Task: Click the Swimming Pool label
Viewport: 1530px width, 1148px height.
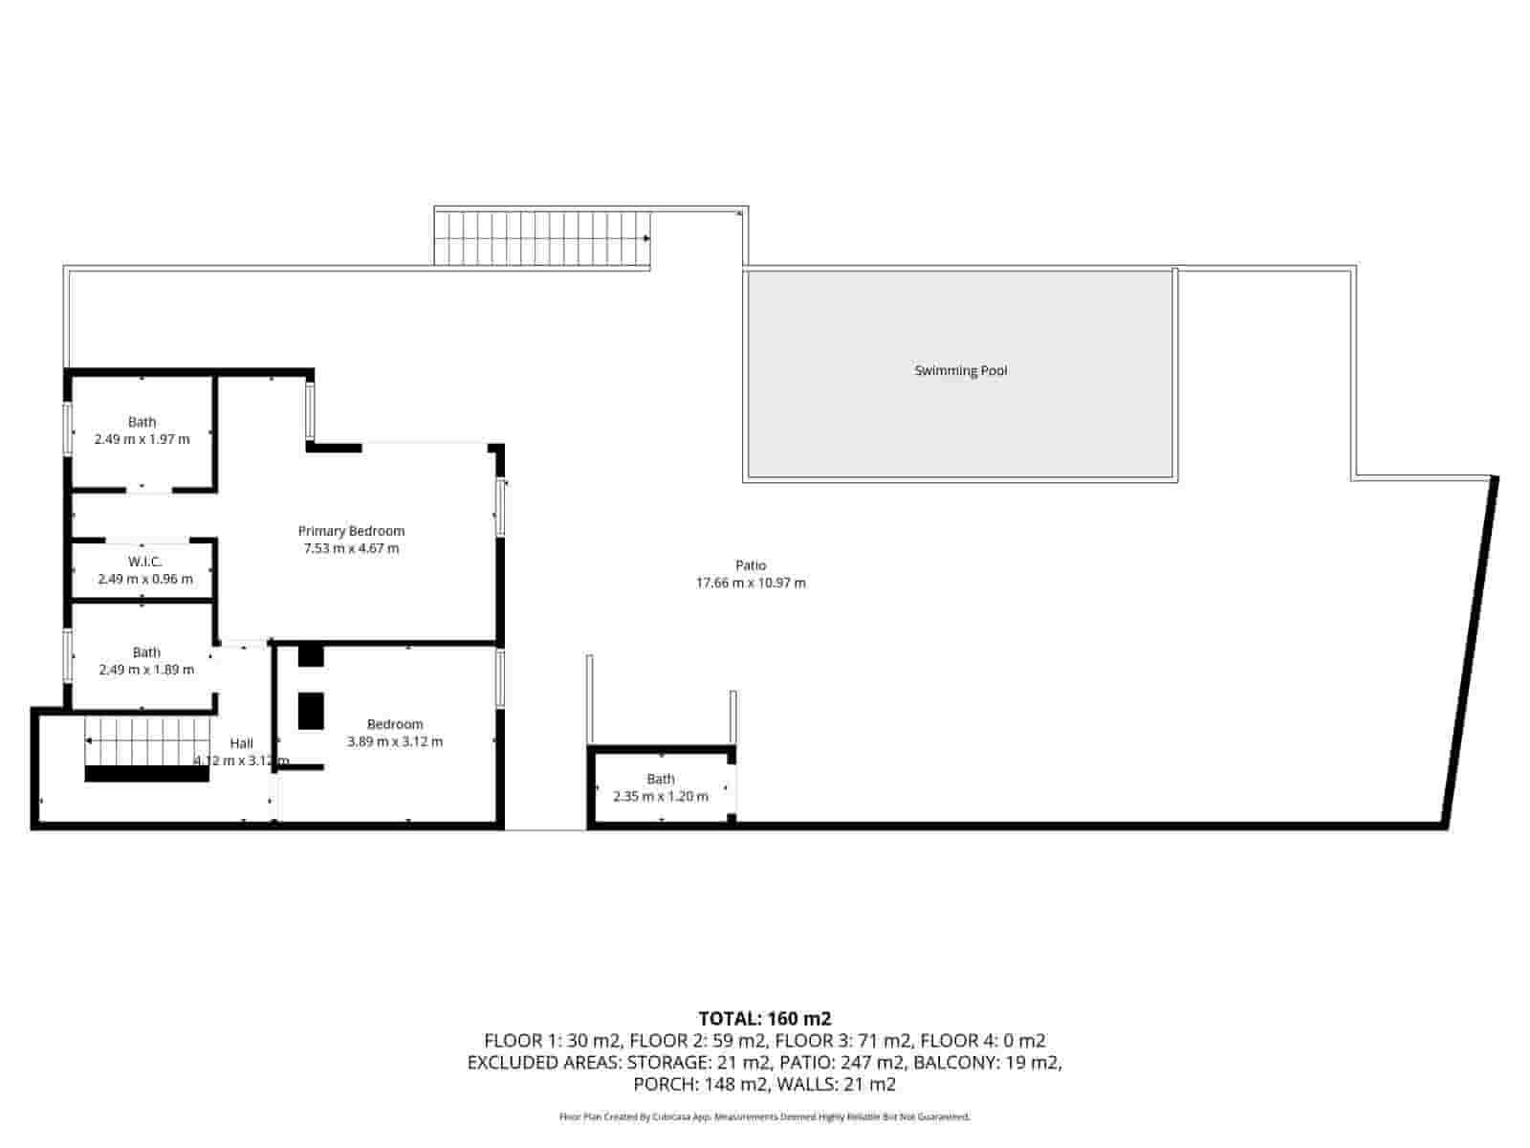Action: (x=960, y=371)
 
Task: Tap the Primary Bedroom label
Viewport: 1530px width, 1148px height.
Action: (x=351, y=531)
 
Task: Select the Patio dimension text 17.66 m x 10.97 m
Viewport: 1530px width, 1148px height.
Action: (x=750, y=583)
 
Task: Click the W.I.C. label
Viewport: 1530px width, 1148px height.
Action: (x=144, y=562)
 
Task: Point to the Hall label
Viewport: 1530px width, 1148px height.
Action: (x=241, y=743)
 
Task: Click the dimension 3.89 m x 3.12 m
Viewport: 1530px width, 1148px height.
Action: (x=394, y=741)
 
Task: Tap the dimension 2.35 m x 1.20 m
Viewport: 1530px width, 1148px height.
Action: (x=660, y=796)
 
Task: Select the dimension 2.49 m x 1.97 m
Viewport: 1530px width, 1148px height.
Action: (x=142, y=439)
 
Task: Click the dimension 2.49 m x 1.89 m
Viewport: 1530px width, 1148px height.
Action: (x=146, y=670)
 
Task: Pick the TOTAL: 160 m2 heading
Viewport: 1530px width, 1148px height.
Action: (x=764, y=1018)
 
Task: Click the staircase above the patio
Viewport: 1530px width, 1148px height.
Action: (x=542, y=238)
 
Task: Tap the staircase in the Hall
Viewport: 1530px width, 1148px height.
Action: (x=146, y=741)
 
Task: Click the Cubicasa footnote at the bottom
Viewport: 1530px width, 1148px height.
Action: (x=764, y=1116)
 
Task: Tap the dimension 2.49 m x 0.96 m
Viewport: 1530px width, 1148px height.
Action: (x=144, y=579)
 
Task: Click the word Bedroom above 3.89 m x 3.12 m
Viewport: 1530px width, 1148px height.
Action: (x=394, y=724)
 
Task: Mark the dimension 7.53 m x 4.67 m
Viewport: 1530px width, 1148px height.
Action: (x=351, y=548)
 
